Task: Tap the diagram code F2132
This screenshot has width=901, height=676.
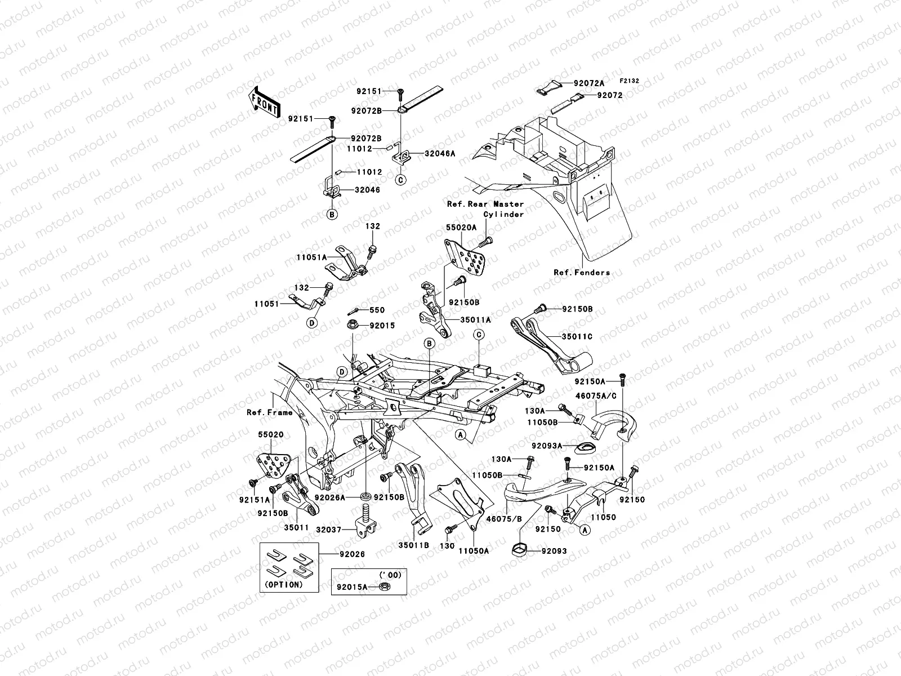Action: click(630, 81)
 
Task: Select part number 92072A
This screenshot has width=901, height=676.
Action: click(589, 83)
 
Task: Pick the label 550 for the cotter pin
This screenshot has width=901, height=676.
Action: click(377, 310)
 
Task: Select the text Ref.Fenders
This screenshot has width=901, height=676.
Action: click(582, 273)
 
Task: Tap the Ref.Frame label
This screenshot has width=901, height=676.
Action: click(269, 412)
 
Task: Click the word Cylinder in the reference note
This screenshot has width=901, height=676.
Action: click(503, 214)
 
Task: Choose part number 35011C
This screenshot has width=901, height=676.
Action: click(577, 337)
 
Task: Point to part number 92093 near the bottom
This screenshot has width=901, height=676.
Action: click(555, 551)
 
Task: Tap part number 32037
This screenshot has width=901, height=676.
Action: click(328, 530)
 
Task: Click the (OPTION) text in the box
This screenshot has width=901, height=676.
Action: click(283, 585)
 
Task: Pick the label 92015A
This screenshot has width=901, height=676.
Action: click(352, 586)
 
